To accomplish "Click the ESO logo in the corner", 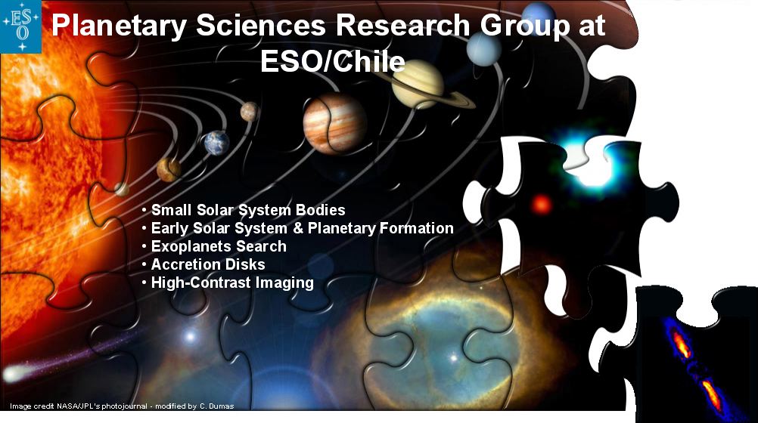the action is (x=20, y=26).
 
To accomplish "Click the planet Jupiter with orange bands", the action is (x=334, y=124).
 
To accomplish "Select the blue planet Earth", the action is (x=216, y=143).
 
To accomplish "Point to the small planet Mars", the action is (x=250, y=112).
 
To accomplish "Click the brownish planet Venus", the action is (x=169, y=170).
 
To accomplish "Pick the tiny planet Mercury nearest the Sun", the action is (x=121, y=190).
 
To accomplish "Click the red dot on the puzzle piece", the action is (x=542, y=204).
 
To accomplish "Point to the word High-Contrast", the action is (x=201, y=283).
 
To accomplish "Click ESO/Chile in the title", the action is (x=333, y=61).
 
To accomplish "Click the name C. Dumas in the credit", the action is (x=216, y=406).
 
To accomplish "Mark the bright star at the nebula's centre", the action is (x=453, y=358).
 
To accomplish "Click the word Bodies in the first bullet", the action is (x=321, y=210).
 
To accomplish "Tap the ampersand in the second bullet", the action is (x=297, y=228).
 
